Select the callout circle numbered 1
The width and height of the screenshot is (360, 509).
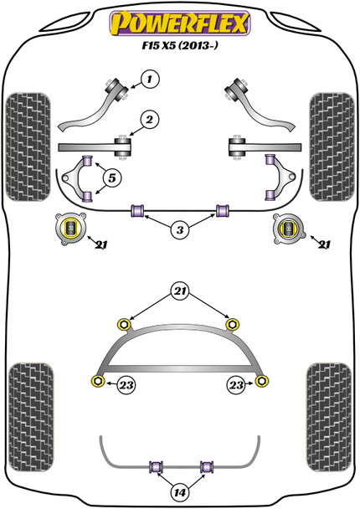149,80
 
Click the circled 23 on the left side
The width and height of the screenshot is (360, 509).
127,384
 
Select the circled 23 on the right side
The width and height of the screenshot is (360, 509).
234,384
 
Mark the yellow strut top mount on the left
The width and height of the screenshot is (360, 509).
71,228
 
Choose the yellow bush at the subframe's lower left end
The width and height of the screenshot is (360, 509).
98,382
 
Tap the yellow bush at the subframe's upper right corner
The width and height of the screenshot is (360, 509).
234,322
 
